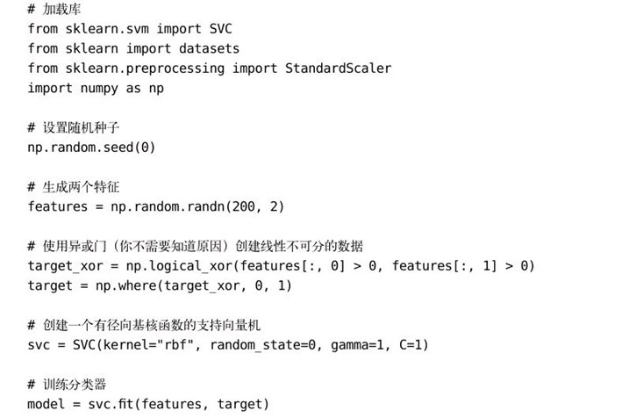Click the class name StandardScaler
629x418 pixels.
pos(338,68)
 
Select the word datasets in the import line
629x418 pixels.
pos(209,48)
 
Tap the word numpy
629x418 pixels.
pos(99,89)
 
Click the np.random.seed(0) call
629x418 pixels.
pos(91,148)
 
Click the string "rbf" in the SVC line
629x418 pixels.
pos(179,345)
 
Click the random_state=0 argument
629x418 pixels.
pos(263,345)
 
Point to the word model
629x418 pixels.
pos(46,404)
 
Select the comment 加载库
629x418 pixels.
pos(61,10)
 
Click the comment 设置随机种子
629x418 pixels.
pos(81,127)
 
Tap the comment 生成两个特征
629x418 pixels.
pos(81,187)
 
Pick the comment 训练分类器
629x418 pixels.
pos(75,385)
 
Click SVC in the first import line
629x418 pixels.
pos(220,29)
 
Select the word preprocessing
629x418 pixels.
pos(175,68)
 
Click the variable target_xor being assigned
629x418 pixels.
pos(66,266)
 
